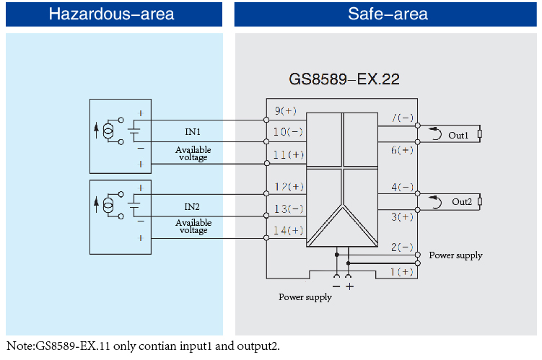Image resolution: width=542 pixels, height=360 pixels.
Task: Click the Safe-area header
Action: tap(388, 14)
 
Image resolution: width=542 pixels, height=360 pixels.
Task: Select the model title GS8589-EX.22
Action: tap(344, 79)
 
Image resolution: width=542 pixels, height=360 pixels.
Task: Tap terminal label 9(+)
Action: tap(285, 111)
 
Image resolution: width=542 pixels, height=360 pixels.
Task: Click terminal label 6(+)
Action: tap(402, 149)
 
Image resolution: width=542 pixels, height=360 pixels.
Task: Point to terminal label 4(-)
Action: tap(402, 187)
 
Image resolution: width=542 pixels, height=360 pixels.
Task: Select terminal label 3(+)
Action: tap(402, 216)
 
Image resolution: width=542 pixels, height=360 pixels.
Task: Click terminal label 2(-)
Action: tap(402, 247)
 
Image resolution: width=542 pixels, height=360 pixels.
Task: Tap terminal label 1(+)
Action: tap(402, 271)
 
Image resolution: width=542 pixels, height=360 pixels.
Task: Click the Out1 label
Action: tap(458, 135)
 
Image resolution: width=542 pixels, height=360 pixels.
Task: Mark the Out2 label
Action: tap(462, 202)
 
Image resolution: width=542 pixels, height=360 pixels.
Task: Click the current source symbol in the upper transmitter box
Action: tap(109, 131)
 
